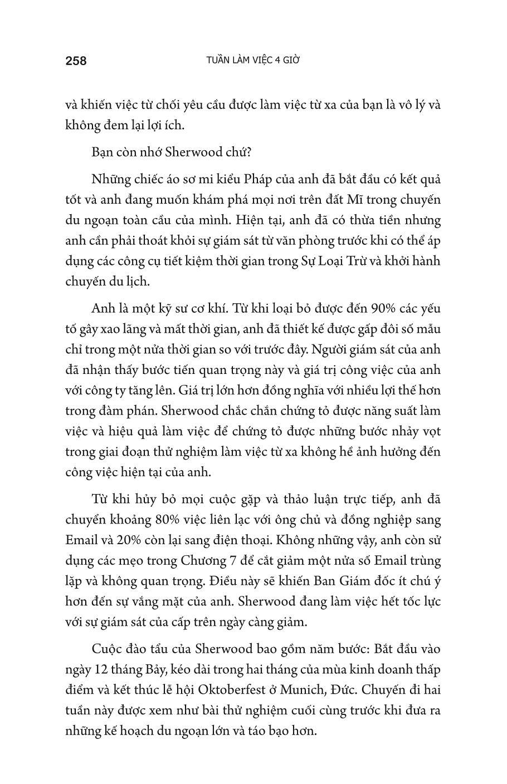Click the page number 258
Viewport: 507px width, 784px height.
pyautogui.click(x=76, y=61)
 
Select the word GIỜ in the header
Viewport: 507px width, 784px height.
pyautogui.click(x=289, y=60)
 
